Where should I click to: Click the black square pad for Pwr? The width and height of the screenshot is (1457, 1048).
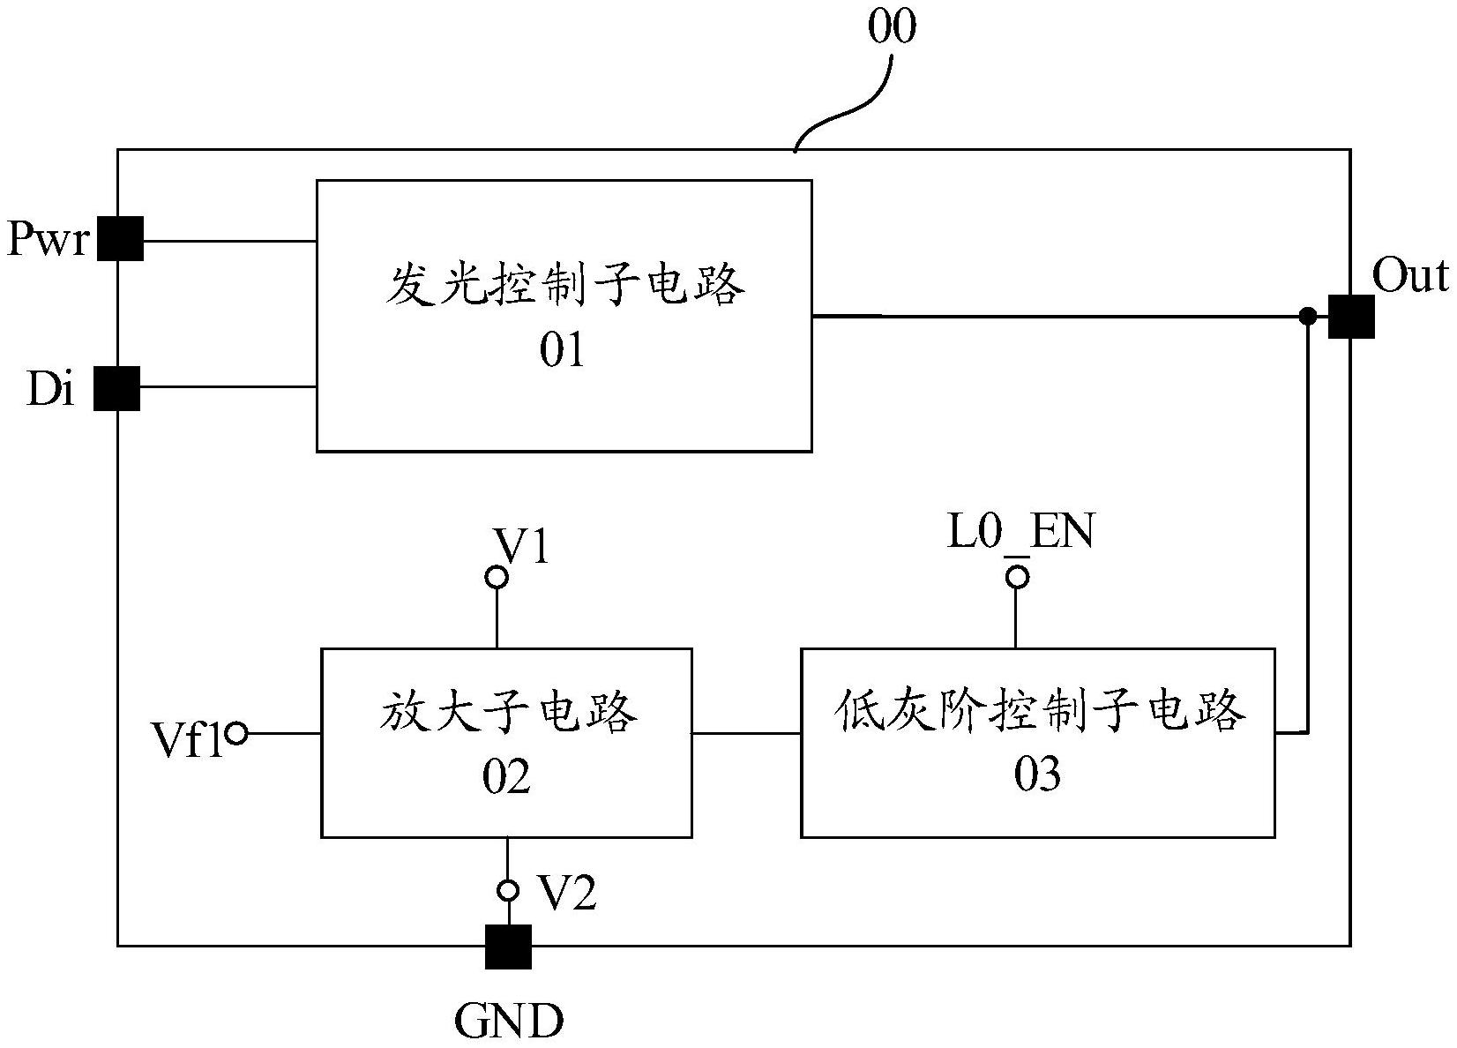(x=120, y=238)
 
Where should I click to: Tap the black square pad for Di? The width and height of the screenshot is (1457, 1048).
(x=117, y=388)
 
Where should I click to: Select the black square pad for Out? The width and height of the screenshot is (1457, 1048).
(x=1350, y=316)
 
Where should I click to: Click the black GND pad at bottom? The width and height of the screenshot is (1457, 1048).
(x=509, y=947)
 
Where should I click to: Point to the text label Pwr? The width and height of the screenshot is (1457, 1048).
(x=48, y=238)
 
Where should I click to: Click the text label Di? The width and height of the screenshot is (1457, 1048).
(x=50, y=389)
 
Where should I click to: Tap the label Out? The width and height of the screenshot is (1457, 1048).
(x=1409, y=276)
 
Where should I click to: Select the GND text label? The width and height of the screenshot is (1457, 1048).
(x=509, y=1022)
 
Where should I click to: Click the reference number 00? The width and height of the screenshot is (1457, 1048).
(x=892, y=27)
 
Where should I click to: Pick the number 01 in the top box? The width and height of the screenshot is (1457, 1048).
(x=563, y=351)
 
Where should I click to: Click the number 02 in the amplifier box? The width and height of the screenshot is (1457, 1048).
(x=506, y=778)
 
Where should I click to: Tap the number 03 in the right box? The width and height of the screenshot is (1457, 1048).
(x=1037, y=775)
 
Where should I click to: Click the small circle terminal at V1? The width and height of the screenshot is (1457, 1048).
(x=497, y=578)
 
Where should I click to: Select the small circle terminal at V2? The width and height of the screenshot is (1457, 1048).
(x=508, y=890)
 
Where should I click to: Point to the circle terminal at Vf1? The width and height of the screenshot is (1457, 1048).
(x=236, y=733)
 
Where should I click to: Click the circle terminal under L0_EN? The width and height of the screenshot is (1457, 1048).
(x=1018, y=578)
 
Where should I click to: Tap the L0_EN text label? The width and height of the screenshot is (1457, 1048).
(x=1020, y=533)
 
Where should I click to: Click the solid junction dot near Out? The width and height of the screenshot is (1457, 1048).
(x=1309, y=316)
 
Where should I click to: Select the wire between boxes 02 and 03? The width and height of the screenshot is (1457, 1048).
(x=746, y=733)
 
